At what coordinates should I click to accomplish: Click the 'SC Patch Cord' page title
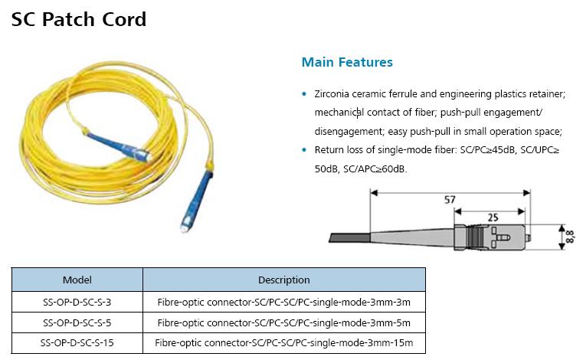point(79,19)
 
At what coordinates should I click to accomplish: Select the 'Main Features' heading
point(347,62)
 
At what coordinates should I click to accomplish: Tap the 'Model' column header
point(77,280)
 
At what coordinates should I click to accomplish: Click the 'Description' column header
point(283,280)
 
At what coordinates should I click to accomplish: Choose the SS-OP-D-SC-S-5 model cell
point(77,322)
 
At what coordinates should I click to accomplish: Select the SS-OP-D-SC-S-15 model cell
point(77,342)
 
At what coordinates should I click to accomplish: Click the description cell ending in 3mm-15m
point(284,342)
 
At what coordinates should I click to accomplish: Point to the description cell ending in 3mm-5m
point(284,322)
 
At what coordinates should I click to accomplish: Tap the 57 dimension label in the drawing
point(450,200)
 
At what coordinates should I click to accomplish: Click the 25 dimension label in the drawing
point(493,218)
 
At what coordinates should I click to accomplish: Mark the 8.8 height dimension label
point(570,235)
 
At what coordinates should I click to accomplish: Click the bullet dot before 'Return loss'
point(305,149)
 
